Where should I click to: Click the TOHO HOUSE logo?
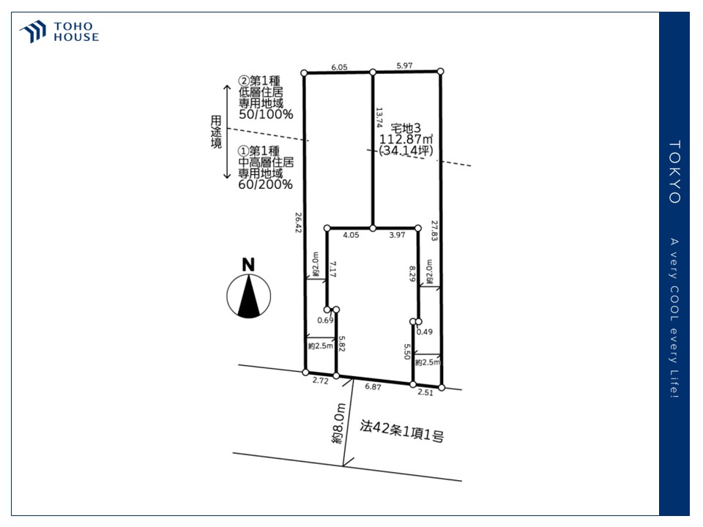pos(59,31)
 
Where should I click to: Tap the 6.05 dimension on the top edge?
pos(339,67)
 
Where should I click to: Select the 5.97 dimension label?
pos(404,65)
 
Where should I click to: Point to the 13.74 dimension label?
pos(379,117)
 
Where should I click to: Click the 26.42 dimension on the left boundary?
pos(298,223)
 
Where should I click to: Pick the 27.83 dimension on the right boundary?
pos(434,231)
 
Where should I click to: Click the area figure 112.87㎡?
pos(406,139)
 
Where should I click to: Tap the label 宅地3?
pos(406,128)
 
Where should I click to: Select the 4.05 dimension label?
pos(351,235)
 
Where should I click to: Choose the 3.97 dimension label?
pos(397,235)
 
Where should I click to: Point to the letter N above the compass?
pos(248,264)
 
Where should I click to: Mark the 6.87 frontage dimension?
pos(373,386)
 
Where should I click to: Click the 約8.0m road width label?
pos(338,424)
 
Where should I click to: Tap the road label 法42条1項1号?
pos(402,430)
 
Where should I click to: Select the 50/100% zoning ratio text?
pos(266,114)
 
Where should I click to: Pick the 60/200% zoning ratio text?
pos(265,184)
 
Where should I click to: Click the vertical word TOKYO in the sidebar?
pos(674,172)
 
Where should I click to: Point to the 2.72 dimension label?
pos(321,381)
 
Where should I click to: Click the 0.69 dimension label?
pos(325,320)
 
